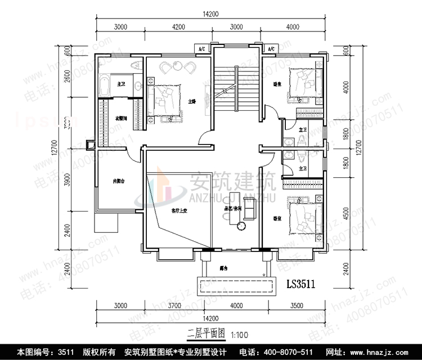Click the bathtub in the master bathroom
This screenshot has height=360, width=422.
[x=105, y=86]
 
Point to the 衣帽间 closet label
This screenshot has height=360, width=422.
[x=120, y=119]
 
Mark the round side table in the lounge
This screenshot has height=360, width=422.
[x=242, y=225]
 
